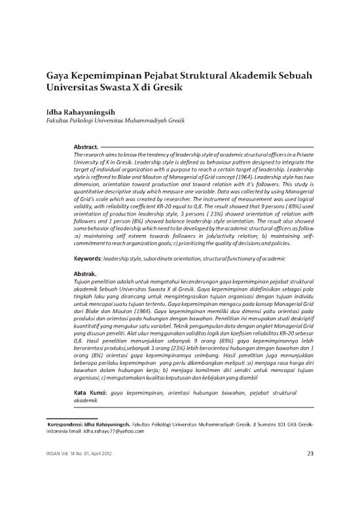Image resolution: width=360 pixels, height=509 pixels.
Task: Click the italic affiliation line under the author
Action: [111, 121]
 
